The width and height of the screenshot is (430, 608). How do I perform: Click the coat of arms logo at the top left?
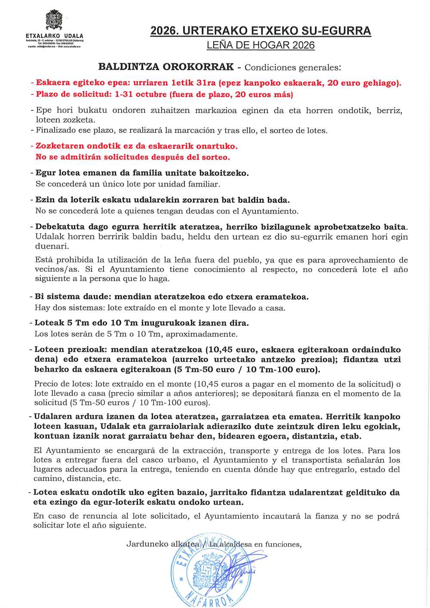point(54,21)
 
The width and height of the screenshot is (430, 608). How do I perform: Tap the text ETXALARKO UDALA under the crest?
point(55,36)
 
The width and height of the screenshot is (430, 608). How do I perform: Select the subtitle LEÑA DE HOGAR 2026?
point(261,45)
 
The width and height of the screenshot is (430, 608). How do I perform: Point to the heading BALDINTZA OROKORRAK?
point(166,67)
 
